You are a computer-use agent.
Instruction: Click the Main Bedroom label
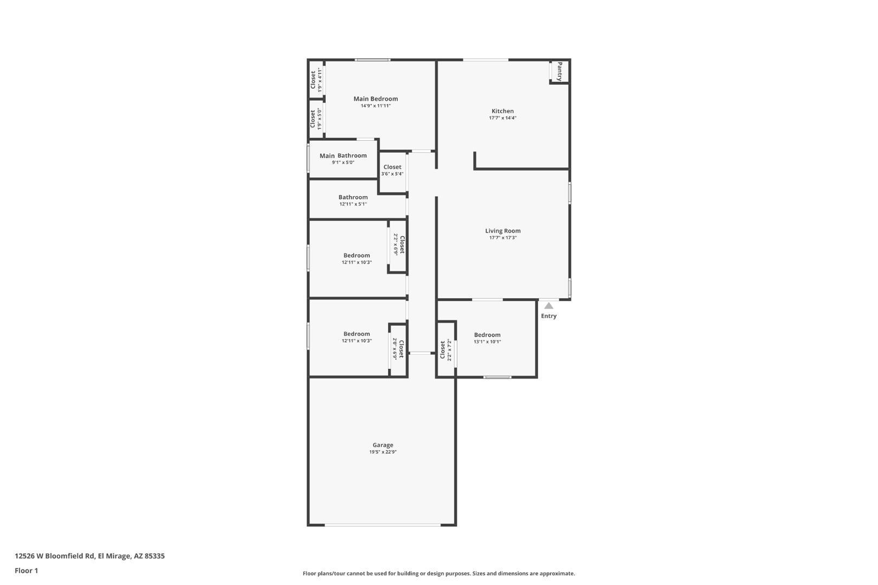point(375,99)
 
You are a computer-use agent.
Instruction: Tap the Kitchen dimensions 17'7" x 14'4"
point(502,118)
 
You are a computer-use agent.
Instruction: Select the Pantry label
point(560,71)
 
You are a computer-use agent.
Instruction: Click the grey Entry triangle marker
point(548,306)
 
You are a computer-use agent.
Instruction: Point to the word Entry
point(548,316)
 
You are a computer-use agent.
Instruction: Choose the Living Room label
point(502,231)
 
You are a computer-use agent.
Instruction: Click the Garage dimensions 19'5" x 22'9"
point(383,452)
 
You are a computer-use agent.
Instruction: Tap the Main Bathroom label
point(343,155)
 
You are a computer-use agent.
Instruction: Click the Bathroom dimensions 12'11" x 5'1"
point(353,204)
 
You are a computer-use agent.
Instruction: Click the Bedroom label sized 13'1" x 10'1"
point(487,335)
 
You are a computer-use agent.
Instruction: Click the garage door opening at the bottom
point(383,524)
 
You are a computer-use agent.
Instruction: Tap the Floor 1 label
point(26,570)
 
